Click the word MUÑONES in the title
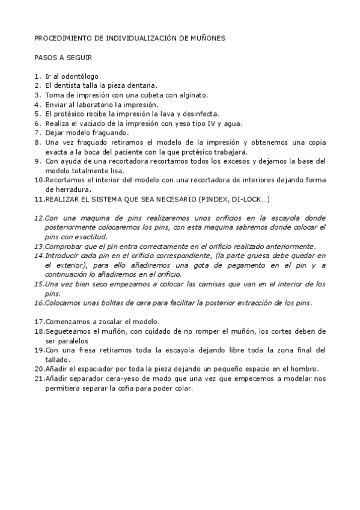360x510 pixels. pyautogui.click(x=207, y=37)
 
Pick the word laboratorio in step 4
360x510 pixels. pyautogui.click(x=104, y=105)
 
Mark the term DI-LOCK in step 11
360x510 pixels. pyautogui.click(x=245, y=198)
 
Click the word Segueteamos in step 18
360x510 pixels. pyautogui.click(x=67, y=331)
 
